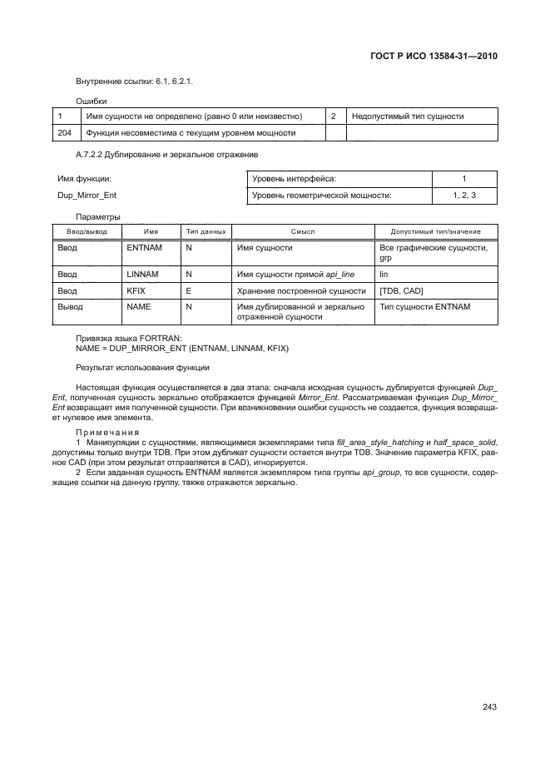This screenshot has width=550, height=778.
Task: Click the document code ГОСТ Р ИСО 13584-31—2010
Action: pyautogui.click(x=434, y=57)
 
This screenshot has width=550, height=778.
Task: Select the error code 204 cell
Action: pyautogui.click(x=64, y=132)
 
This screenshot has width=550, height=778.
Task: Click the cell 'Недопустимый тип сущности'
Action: pyautogui.click(x=408, y=116)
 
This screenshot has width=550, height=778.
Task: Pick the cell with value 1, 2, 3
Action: pyautogui.click(x=464, y=196)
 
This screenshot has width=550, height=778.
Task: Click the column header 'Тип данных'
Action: pyautogui.click(x=205, y=231)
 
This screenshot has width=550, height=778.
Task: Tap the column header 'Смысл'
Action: pyautogui.click(x=303, y=231)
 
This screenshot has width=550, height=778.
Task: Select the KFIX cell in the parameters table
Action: pyautogui.click(x=136, y=290)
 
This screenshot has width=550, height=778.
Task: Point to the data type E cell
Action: pyautogui.click(x=189, y=290)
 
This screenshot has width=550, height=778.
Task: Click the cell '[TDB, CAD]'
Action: pyautogui.click(x=400, y=290)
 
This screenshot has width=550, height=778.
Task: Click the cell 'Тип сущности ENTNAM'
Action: pyautogui.click(x=424, y=307)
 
